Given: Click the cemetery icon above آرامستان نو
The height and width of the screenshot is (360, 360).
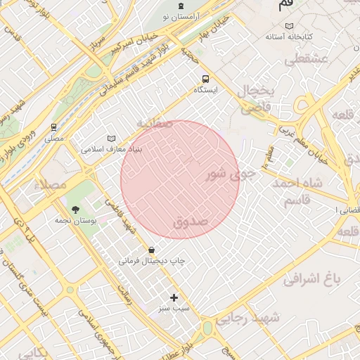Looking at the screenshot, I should click(184, 6).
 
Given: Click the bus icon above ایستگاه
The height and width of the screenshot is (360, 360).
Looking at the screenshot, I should click(205, 79).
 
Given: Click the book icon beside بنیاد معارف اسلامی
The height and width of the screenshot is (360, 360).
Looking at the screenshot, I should click(110, 139).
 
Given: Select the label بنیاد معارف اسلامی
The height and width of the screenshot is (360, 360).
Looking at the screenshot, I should click(112, 149).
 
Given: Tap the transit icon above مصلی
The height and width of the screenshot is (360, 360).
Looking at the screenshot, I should click(54, 127).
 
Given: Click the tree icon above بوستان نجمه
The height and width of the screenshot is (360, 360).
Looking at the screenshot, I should click(75, 209).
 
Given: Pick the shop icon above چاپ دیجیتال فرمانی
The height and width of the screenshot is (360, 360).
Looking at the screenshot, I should click(152, 250).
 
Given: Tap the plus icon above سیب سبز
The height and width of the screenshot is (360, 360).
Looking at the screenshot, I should click(174, 297).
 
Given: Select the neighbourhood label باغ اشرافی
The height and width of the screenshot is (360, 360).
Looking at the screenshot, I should click(311, 279).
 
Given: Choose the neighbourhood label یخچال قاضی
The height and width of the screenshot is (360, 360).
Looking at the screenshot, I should click(262, 98).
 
